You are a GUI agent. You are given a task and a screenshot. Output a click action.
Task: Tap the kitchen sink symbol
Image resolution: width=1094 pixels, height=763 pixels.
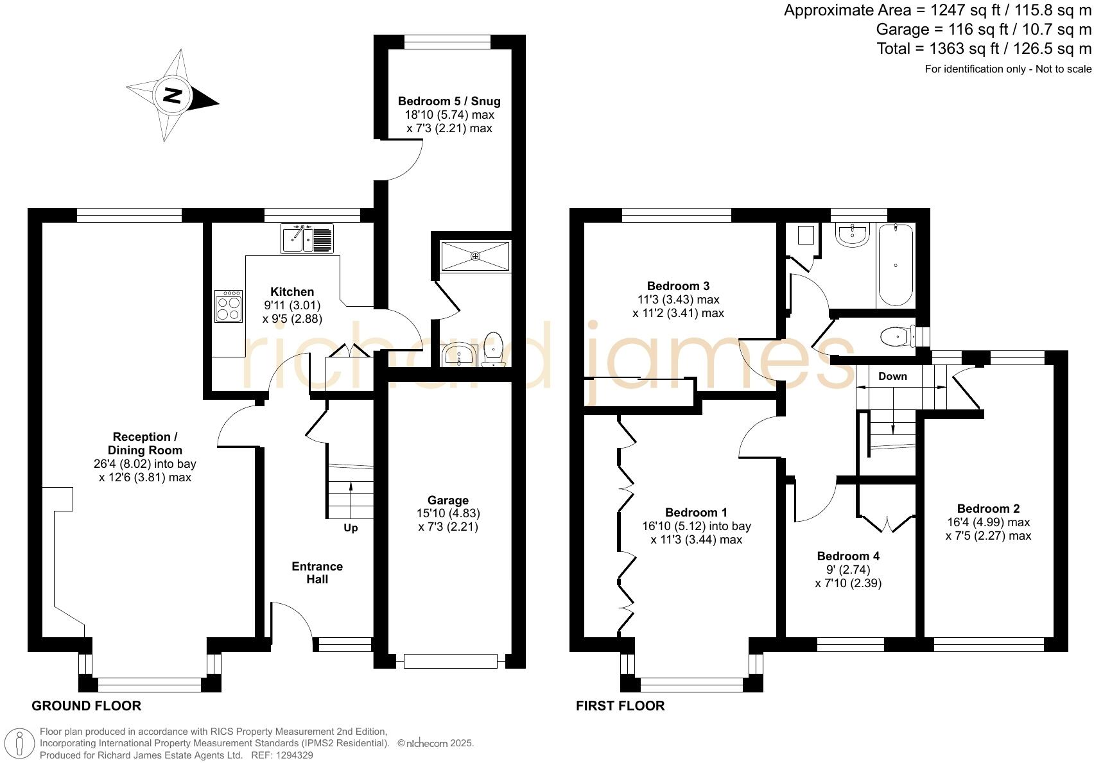coord(307,239)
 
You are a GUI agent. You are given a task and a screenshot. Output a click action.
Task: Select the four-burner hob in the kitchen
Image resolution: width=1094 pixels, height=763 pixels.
coord(229,306)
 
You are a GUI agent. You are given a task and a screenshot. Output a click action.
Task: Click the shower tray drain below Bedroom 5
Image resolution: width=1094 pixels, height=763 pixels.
coord(475,256)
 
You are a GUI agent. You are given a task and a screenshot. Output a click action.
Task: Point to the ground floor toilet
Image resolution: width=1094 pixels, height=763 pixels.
coord(493,348)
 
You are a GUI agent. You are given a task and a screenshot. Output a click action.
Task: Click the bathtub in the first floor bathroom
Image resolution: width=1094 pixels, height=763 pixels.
coord(895,264)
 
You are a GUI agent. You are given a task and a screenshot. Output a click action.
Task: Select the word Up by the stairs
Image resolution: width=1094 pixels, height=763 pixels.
coord(351,528)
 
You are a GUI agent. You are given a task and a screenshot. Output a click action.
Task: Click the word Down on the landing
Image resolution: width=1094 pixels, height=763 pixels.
coord(892,376)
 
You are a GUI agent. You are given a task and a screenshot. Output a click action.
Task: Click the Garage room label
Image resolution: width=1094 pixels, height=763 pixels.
coord(448,500)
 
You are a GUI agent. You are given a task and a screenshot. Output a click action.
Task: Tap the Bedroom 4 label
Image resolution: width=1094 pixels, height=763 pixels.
coord(848,556)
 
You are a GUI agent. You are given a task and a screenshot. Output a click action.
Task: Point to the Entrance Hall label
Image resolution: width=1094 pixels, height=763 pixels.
coord(317,572)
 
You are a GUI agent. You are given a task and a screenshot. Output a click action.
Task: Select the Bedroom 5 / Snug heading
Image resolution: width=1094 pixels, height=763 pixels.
coord(449,101)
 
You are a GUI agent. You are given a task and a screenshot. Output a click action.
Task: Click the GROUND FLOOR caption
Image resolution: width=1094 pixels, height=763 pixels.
coord(86,706)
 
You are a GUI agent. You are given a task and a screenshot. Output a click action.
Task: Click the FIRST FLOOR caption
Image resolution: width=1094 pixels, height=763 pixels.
coord(620,706)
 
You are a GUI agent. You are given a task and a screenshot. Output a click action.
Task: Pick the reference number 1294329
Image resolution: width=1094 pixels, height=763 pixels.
coord(295,755)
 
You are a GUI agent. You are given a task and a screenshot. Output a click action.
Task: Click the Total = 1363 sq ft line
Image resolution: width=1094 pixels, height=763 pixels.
coord(984,49)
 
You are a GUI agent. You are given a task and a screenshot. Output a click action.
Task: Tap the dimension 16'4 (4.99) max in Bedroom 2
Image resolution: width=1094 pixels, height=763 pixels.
coord(988,522)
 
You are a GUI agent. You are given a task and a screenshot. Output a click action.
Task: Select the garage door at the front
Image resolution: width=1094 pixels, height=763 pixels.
coord(450,660)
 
